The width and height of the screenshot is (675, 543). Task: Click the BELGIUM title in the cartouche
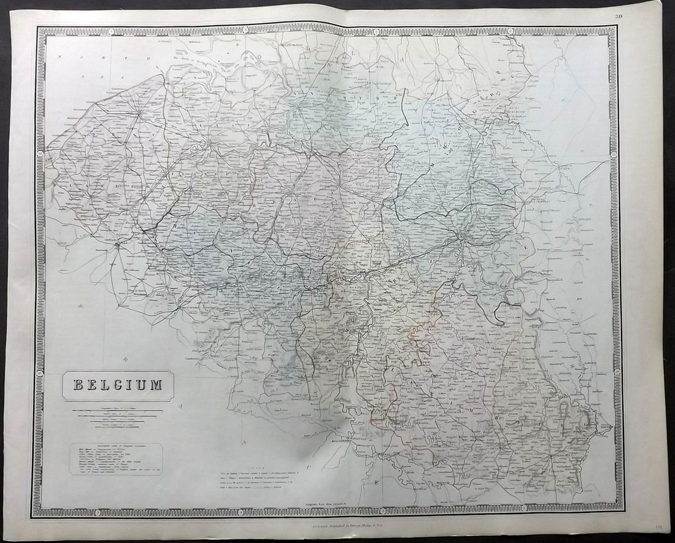[x=118, y=385]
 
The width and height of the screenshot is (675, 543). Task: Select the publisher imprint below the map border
[x=337, y=526]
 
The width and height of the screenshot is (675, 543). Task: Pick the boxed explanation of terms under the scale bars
[x=115, y=460]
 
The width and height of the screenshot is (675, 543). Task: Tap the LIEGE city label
[x=465, y=234]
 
